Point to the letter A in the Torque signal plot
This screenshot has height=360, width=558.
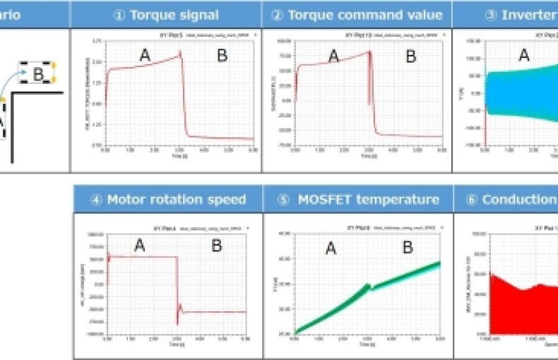tap(144, 56)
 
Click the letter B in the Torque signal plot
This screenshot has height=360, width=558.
tap(222, 56)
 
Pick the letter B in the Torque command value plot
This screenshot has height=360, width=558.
tap(411, 56)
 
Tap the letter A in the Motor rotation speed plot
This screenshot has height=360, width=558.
tap(139, 246)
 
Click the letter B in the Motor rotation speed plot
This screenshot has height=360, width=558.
tap(217, 246)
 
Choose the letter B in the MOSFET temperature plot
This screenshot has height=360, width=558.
tap(408, 247)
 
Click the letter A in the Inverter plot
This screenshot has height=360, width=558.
tap(524, 56)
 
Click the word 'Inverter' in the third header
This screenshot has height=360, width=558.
tap(527, 15)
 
